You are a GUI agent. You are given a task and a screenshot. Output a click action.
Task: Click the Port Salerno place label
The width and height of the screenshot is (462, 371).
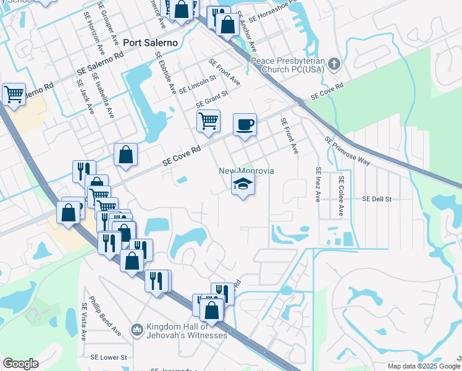(x=150, y=43)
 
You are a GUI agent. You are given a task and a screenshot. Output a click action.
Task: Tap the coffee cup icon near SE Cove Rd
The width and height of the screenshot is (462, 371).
(x=245, y=124)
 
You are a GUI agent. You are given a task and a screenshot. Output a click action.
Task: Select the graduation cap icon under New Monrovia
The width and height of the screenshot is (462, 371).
(x=243, y=184)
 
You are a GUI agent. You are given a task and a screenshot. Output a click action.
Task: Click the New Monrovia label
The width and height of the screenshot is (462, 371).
(x=246, y=171)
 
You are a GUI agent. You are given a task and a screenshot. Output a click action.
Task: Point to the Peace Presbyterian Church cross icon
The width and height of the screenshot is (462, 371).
(x=334, y=64)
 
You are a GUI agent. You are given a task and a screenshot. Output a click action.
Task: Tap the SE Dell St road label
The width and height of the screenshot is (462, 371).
(x=377, y=199)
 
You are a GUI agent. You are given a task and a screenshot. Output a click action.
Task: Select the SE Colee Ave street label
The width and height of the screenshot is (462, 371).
(x=340, y=195)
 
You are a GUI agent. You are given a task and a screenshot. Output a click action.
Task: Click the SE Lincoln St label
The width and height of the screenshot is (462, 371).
(x=197, y=84)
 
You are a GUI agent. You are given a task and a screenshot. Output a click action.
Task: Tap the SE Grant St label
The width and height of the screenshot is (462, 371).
(x=212, y=99)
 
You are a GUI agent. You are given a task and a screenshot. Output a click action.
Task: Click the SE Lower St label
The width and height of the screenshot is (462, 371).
(x=108, y=357)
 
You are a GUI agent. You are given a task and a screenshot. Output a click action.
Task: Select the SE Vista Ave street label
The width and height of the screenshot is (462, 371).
(x=84, y=322)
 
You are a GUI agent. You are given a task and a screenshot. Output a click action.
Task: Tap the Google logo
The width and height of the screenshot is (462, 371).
(x=20, y=364)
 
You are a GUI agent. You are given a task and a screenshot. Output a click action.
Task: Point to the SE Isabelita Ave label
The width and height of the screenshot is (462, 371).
(x=103, y=95)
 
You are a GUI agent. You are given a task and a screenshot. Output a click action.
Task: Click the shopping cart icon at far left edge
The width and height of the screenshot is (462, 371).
(x=14, y=94)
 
